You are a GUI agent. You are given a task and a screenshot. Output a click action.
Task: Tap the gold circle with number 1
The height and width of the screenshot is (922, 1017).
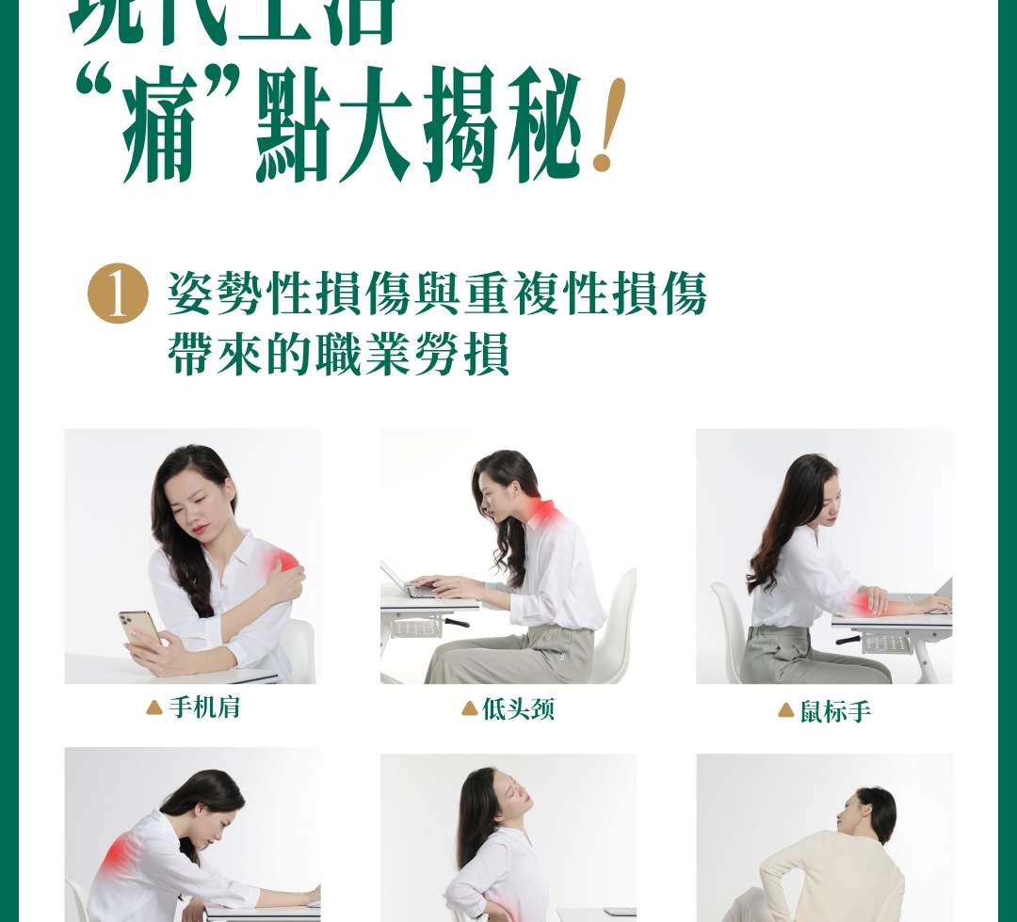coord(118,294)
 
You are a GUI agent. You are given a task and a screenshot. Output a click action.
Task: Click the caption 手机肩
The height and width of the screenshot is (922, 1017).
coord(205,707)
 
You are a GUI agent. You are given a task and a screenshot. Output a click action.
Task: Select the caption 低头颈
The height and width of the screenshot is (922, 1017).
coord(518,709)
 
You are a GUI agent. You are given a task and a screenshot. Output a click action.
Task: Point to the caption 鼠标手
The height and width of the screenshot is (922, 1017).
coord(835,711)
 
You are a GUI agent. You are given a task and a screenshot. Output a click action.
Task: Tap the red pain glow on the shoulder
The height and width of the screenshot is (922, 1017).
coord(282,563)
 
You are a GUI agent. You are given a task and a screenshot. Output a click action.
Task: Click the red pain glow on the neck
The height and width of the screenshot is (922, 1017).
coord(542,513)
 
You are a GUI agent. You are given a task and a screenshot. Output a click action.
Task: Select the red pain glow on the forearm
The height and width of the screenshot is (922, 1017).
coord(862,602)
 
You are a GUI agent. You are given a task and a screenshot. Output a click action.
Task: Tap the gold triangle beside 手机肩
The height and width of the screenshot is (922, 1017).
coord(154,707)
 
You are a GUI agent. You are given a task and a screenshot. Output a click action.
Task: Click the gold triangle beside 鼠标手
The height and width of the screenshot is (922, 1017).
coord(785,711)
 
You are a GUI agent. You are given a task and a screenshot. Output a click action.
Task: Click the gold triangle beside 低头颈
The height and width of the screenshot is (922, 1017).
coord(469,709)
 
